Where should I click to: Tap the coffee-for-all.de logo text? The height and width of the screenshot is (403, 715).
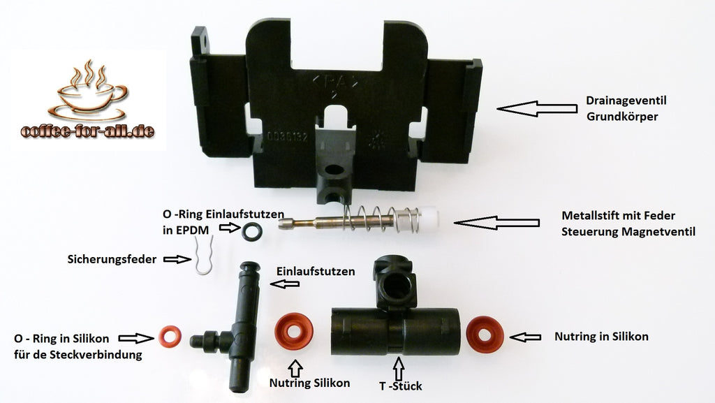click(x=87, y=131)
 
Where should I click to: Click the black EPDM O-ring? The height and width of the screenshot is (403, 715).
click(x=252, y=231)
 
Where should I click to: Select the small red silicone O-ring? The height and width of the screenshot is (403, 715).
click(x=170, y=337)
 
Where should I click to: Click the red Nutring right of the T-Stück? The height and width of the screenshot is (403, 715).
click(x=485, y=335)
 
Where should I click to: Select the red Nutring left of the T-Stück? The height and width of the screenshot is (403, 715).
click(x=294, y=331)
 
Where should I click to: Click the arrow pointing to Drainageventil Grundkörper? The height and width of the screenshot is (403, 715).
click(x=537, y=109)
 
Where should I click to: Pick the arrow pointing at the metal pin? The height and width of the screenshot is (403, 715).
click(x=496, y=223)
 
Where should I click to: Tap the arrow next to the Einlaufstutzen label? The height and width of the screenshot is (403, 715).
click(x=285, y=284)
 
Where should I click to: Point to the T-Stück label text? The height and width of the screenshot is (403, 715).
click(x=401, y=386)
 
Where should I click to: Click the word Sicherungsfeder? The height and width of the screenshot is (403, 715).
click(x=112, y=259)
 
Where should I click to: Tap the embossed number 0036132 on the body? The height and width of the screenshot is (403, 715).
click(x=288, y=136)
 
